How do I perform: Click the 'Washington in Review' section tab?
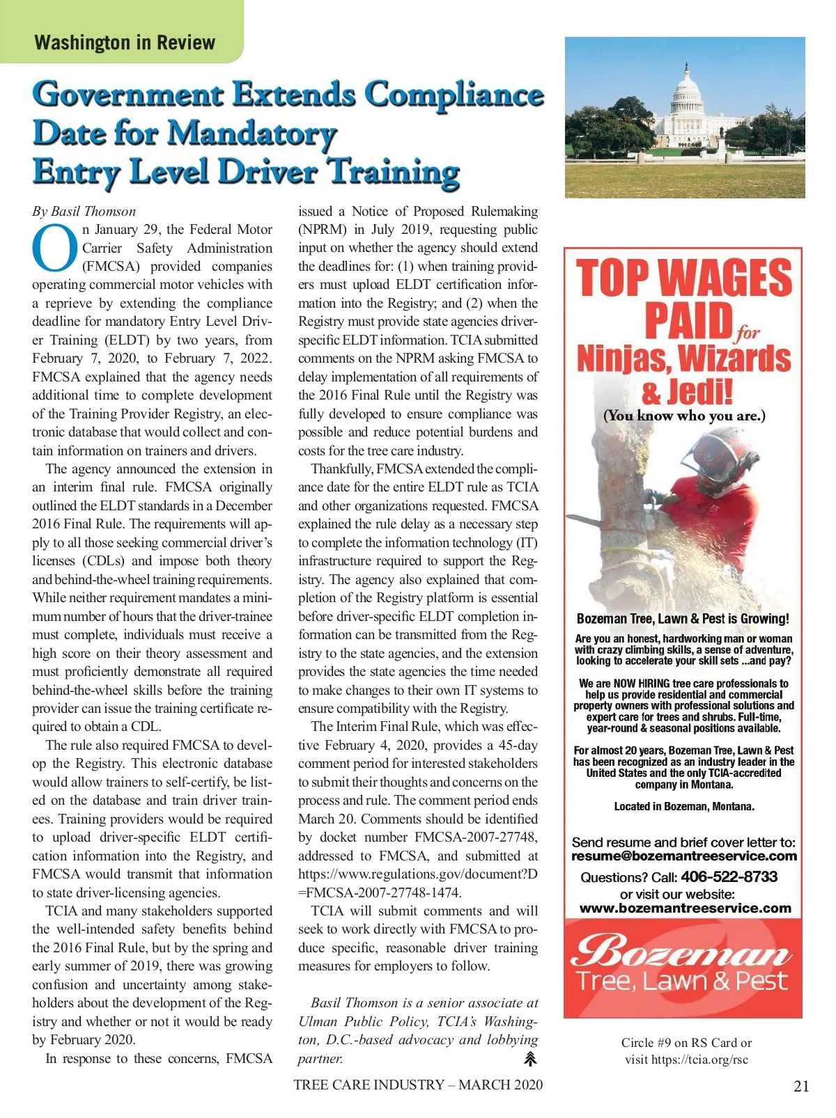pyautogui.click(x=124, y=42)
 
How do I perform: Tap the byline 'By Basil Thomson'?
pyautogui.click(x=84, y=211)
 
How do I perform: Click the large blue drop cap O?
pyautogui.click(x=54, y=249)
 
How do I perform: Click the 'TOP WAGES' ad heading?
pyautogui.click(x=683, y=278)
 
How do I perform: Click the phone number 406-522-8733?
pyautogui.click(x=729, y=876)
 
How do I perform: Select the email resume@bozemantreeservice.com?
pyautogui.click(x=683, y=856)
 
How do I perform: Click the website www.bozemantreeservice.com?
pyautogui.click(x=685, y=908)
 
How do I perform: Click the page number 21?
pyautogui.click(x=801, y=1086)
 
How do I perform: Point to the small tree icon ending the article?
pyautogui.click(x=530, y=1059)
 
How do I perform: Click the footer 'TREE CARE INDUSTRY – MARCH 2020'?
pyautogui.click(x=418, y=1085)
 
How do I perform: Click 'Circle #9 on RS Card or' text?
pyautogui.click(x=686, y=1042)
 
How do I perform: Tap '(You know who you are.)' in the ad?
pyautogui.click(x=684, y=416)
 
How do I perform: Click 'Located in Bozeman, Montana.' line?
pyautogui.click(x=683, y=806)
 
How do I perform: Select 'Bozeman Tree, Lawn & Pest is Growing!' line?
pyautogui.click(x=683, y=618)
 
